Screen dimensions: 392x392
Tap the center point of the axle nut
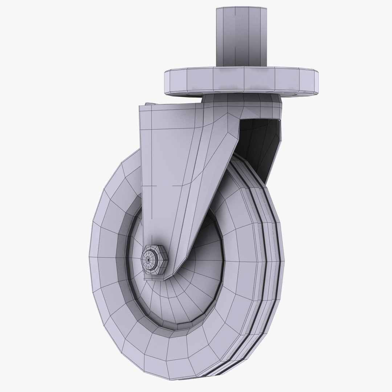(x=148, y=260)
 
